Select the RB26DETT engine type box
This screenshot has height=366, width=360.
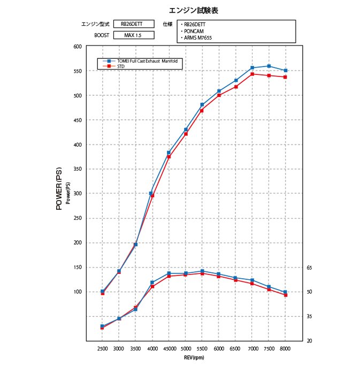coord(132,24)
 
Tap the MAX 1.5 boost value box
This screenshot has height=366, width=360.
coord(132,35)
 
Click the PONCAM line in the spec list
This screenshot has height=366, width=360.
coord(194,31)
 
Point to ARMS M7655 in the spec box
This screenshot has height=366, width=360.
coord(198,37)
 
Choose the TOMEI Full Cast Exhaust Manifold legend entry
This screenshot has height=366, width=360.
coord(147,62)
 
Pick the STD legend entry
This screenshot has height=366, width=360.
coord(120,66)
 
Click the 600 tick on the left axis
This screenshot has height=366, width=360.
coord(77,47)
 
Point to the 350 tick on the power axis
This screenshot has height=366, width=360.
coord(77,169)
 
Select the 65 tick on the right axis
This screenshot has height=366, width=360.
coord(309,268)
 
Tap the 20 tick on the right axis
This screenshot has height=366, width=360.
coord(309,341)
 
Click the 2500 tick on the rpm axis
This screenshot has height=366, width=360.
coord(102,348)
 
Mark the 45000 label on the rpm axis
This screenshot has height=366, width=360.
coord(168,348)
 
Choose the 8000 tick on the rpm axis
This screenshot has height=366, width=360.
coord(285,348)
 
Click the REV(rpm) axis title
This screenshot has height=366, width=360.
coord(194,357)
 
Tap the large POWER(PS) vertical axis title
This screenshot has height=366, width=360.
coord(59,189)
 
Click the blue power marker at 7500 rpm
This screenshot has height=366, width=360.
coord(269,66)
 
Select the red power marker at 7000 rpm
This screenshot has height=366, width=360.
coord(252,74)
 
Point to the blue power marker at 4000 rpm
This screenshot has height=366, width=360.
coord(151,193)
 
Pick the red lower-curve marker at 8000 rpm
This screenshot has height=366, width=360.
coord(286,295)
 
